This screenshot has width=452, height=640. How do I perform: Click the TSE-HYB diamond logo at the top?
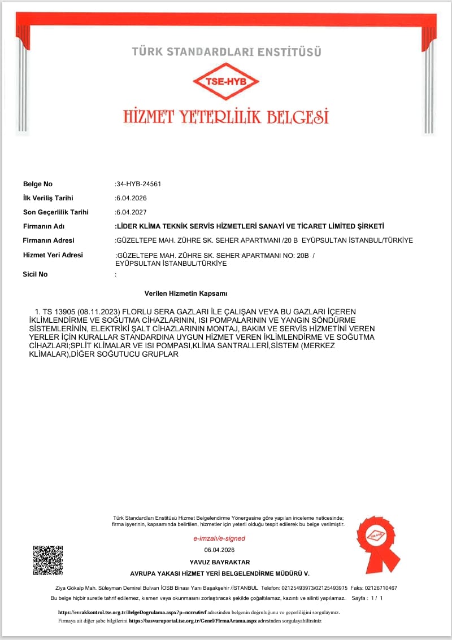tap(226, 81)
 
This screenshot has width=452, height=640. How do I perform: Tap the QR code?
tap(47, 560)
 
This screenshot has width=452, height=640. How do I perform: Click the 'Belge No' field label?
tap(37, 184)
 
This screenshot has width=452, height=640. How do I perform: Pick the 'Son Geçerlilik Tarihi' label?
tap(56, 212)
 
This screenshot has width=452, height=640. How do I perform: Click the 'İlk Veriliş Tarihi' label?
tap(48, 198)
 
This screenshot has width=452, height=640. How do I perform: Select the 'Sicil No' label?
tap(35, 274)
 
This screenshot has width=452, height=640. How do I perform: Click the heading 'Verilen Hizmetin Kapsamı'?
tap(186, 294)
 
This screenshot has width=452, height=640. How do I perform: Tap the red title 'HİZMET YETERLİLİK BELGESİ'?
tap(226, 117)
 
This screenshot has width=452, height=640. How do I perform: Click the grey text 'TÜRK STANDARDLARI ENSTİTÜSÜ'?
tap(226, 52)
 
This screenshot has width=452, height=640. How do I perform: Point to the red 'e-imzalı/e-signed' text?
tap(219, 538)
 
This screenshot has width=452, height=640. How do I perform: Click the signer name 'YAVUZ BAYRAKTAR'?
tap(220, 562)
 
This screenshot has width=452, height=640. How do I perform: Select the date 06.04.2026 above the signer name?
tap(219, 550)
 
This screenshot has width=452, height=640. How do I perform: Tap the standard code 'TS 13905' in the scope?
tap(58, 312)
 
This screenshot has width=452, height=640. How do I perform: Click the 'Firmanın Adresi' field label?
tap(49, 240)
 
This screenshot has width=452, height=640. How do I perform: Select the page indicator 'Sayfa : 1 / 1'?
tap(367, 598)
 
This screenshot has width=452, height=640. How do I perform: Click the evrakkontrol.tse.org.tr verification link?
tap(132, 612)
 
